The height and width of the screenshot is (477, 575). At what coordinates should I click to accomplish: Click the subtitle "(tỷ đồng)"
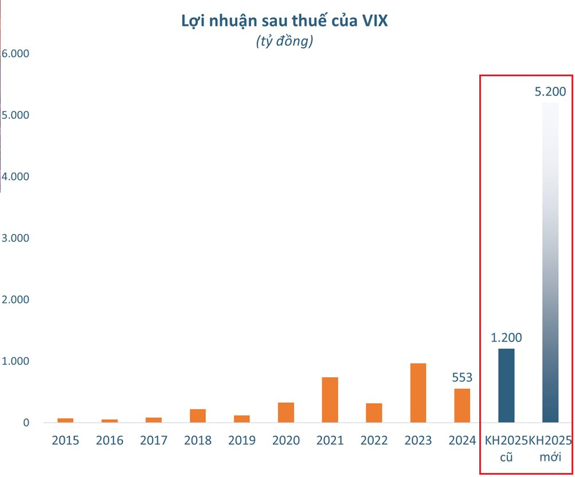284,42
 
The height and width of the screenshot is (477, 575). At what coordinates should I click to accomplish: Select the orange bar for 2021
330,400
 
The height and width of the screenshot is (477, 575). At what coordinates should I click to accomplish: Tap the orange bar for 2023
418,393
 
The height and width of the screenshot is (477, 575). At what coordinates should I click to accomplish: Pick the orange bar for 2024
462,405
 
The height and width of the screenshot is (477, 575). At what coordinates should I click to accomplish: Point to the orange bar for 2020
286,412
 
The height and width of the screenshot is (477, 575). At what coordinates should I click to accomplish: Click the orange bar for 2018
198,416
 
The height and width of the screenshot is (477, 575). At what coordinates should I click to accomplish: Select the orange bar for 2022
374,413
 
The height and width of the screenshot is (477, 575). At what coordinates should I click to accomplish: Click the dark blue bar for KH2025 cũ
506,385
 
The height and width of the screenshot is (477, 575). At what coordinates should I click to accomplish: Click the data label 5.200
550,91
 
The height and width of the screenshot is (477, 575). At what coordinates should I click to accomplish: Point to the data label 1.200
506,338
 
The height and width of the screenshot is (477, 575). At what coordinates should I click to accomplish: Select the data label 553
462,377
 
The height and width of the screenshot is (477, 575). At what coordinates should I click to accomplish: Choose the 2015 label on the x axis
65,440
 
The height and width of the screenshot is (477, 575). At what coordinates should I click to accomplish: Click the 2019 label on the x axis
242,440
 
